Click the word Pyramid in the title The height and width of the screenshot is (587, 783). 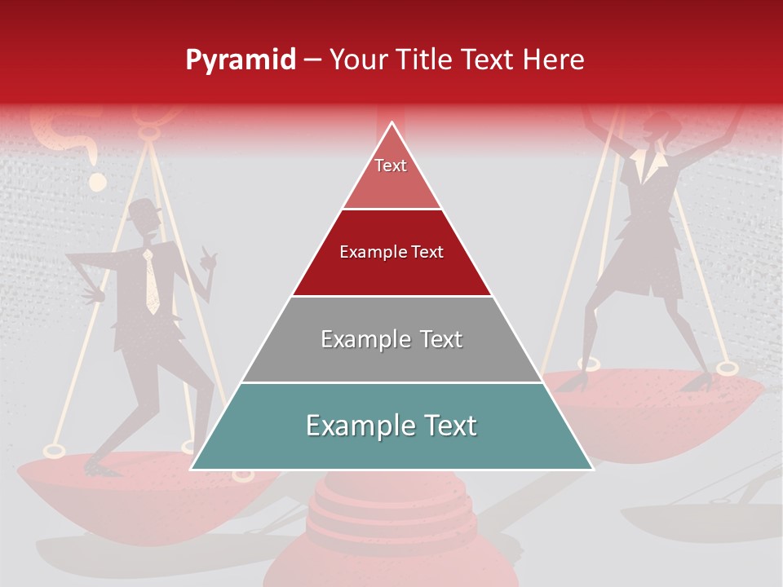(240, 60)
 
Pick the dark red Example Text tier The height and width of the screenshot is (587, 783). (391, 253)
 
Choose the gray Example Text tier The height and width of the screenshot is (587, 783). (391, 339)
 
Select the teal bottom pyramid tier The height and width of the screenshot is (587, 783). (391, 426)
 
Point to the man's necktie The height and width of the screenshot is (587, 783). (151, 282)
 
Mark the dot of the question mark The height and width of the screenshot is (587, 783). (97, 181)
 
